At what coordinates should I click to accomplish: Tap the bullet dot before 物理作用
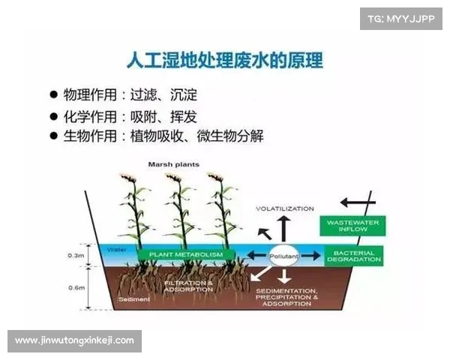click(53, 95)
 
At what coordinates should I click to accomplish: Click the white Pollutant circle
click(284, 256)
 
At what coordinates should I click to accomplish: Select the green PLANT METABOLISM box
click(186, 255)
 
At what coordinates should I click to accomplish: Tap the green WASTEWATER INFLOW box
click(353, 226)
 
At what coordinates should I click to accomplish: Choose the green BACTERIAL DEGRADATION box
click(353, 256)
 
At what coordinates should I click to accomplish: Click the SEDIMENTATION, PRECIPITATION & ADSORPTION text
click(286, 297)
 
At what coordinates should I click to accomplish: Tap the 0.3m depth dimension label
click(76, 255)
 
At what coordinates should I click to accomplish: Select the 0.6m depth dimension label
click(76, 287)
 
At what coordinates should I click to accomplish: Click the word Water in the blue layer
click(117, 249)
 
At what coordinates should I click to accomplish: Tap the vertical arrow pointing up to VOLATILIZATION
click(283, 228)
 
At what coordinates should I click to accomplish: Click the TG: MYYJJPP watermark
click(400, 17)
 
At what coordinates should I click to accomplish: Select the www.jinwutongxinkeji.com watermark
click(74, 340)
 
